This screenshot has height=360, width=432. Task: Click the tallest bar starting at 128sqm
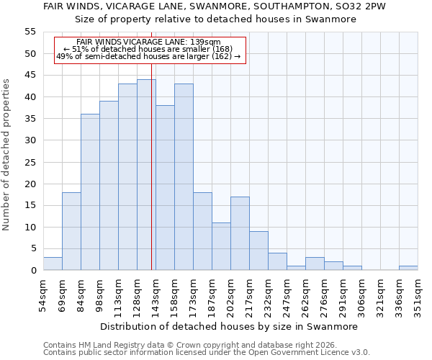coord(146,175)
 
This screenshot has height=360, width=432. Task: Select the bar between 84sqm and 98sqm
coord(90,192)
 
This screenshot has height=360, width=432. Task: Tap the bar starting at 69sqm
coord(71,231)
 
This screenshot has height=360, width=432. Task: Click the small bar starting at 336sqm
coord(408,268)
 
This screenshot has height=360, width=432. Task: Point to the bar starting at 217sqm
coord(258,251)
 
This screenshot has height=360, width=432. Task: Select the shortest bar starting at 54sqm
coord(53,264)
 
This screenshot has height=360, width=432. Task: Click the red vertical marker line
coord(152,180)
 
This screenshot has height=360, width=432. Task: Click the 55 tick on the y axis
coord(30,32)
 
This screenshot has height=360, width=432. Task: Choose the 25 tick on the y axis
coord(30,162)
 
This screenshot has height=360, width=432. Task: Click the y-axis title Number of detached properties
coord(7,155)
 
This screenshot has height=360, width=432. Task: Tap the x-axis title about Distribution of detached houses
coord(229,326)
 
